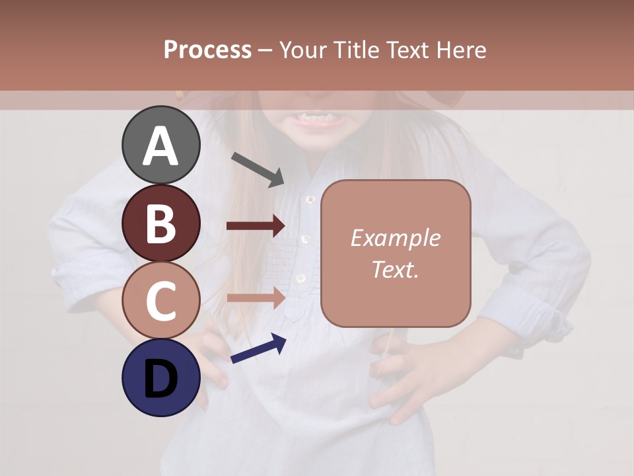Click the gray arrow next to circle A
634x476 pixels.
coord(258,169)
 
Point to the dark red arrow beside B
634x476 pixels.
coord(256,226)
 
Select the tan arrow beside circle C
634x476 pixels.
coord(256,297)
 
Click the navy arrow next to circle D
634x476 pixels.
coord(258,348)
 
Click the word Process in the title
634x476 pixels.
coord(207,50)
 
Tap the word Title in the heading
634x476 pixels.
coord(357,50)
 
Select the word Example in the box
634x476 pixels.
coord(395,238)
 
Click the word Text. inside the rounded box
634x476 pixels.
coord(395,269)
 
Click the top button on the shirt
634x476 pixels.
coord(308,198)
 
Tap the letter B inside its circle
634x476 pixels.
coord(161,223)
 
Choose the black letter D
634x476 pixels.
coord(161,379)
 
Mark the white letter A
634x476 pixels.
coord(161,145)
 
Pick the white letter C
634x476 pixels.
coord(161,301)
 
